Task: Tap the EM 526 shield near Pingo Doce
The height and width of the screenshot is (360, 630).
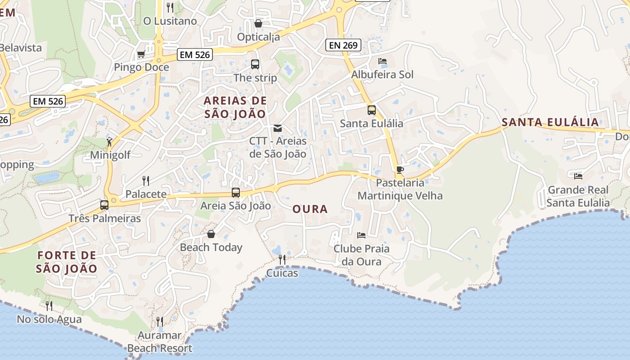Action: click(194, 55)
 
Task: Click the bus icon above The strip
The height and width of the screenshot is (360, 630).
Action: click(255, 64)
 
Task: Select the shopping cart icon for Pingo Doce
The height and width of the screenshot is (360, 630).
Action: click(141, 54)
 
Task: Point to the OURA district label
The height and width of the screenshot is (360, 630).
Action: click(310, 209)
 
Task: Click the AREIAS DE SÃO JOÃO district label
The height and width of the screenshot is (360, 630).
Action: click(235, 107)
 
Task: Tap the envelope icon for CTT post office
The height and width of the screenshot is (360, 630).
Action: click(278, 128)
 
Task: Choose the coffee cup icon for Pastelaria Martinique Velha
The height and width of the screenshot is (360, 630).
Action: click(400, 170)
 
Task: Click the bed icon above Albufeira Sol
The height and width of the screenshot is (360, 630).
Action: click(382, 61)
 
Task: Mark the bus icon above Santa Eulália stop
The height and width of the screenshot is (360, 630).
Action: click(372, 110)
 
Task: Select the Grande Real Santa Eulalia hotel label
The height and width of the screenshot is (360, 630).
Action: click(578, 196)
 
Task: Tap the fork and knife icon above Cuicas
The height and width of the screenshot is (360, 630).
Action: click(282, 260)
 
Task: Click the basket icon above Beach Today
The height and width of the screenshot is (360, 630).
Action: click(211, 234)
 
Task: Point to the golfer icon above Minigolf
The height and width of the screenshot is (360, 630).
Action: click(110, 142)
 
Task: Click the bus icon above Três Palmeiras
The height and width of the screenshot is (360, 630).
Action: click(104, 205)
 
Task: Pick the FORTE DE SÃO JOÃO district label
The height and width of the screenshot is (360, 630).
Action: click(67, 262)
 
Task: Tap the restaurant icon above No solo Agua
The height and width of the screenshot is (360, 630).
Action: click(49, 306)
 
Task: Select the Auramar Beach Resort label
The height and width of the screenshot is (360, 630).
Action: click(160, 342)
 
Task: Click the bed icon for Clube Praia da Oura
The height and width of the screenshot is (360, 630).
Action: click(361, 235)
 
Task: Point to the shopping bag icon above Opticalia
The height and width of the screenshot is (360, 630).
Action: click(258, 23)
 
